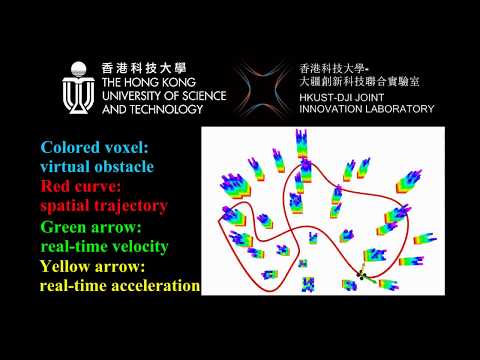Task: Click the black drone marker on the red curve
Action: tap(362, 276)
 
